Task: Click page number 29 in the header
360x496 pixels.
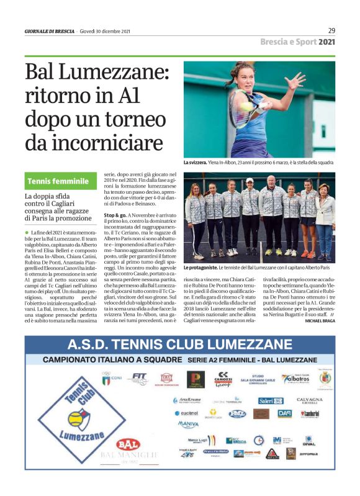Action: click(332, 30)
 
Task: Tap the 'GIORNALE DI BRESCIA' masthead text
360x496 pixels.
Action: click(50, 31)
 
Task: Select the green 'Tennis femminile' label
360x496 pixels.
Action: click(58, 182)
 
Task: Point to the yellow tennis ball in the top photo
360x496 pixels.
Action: click(246, 106)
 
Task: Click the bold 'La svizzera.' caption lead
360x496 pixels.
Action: click(195, 163)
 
